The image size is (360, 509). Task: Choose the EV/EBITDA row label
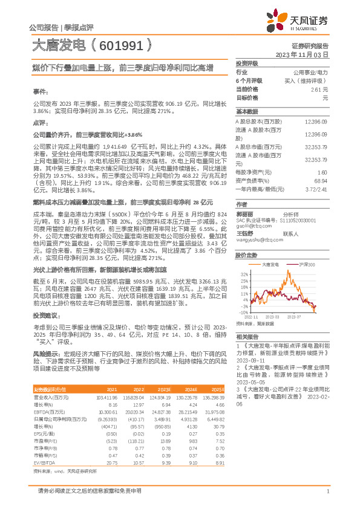point(46,461)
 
